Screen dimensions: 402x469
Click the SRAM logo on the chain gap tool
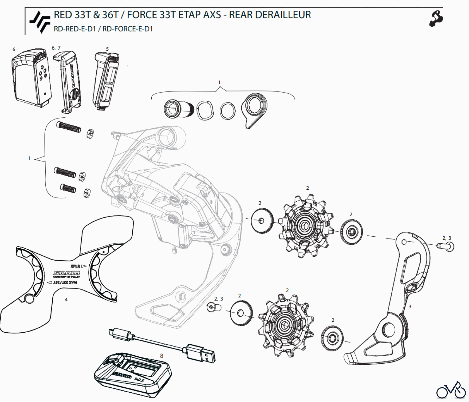(x=66, y=273)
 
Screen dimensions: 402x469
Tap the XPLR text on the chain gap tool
(x=75, y=266)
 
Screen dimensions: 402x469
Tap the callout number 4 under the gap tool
(x=66, y=299)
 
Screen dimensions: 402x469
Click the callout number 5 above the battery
(x=107, y=49)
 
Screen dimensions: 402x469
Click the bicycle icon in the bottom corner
(x=451, y=390)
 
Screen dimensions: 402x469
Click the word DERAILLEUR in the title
(x=283, y=15)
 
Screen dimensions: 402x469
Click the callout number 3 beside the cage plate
(x=410, y=307)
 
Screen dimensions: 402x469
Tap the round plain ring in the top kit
(x=227, y=111)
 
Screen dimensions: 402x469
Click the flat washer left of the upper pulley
(x=262, y=220)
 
